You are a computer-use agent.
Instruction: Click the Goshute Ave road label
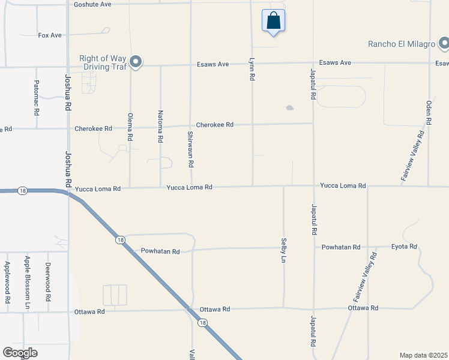92,4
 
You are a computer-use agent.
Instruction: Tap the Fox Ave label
50,35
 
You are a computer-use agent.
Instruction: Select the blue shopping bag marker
273,21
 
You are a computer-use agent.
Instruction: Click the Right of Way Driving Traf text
103,62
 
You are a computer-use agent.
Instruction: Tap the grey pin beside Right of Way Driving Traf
136,62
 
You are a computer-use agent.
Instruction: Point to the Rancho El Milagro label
401,44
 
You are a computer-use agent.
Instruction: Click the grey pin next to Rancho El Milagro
444,43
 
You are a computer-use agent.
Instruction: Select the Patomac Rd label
37,98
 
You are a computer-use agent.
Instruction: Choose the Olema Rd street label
130,127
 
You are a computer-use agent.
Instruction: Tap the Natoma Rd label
160,126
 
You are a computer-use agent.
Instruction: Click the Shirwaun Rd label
190,149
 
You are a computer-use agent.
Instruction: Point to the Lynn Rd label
252,70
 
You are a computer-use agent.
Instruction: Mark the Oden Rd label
429,112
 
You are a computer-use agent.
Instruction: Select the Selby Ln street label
283,250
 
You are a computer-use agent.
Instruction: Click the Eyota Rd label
404,247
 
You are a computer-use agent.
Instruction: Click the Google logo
20,353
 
